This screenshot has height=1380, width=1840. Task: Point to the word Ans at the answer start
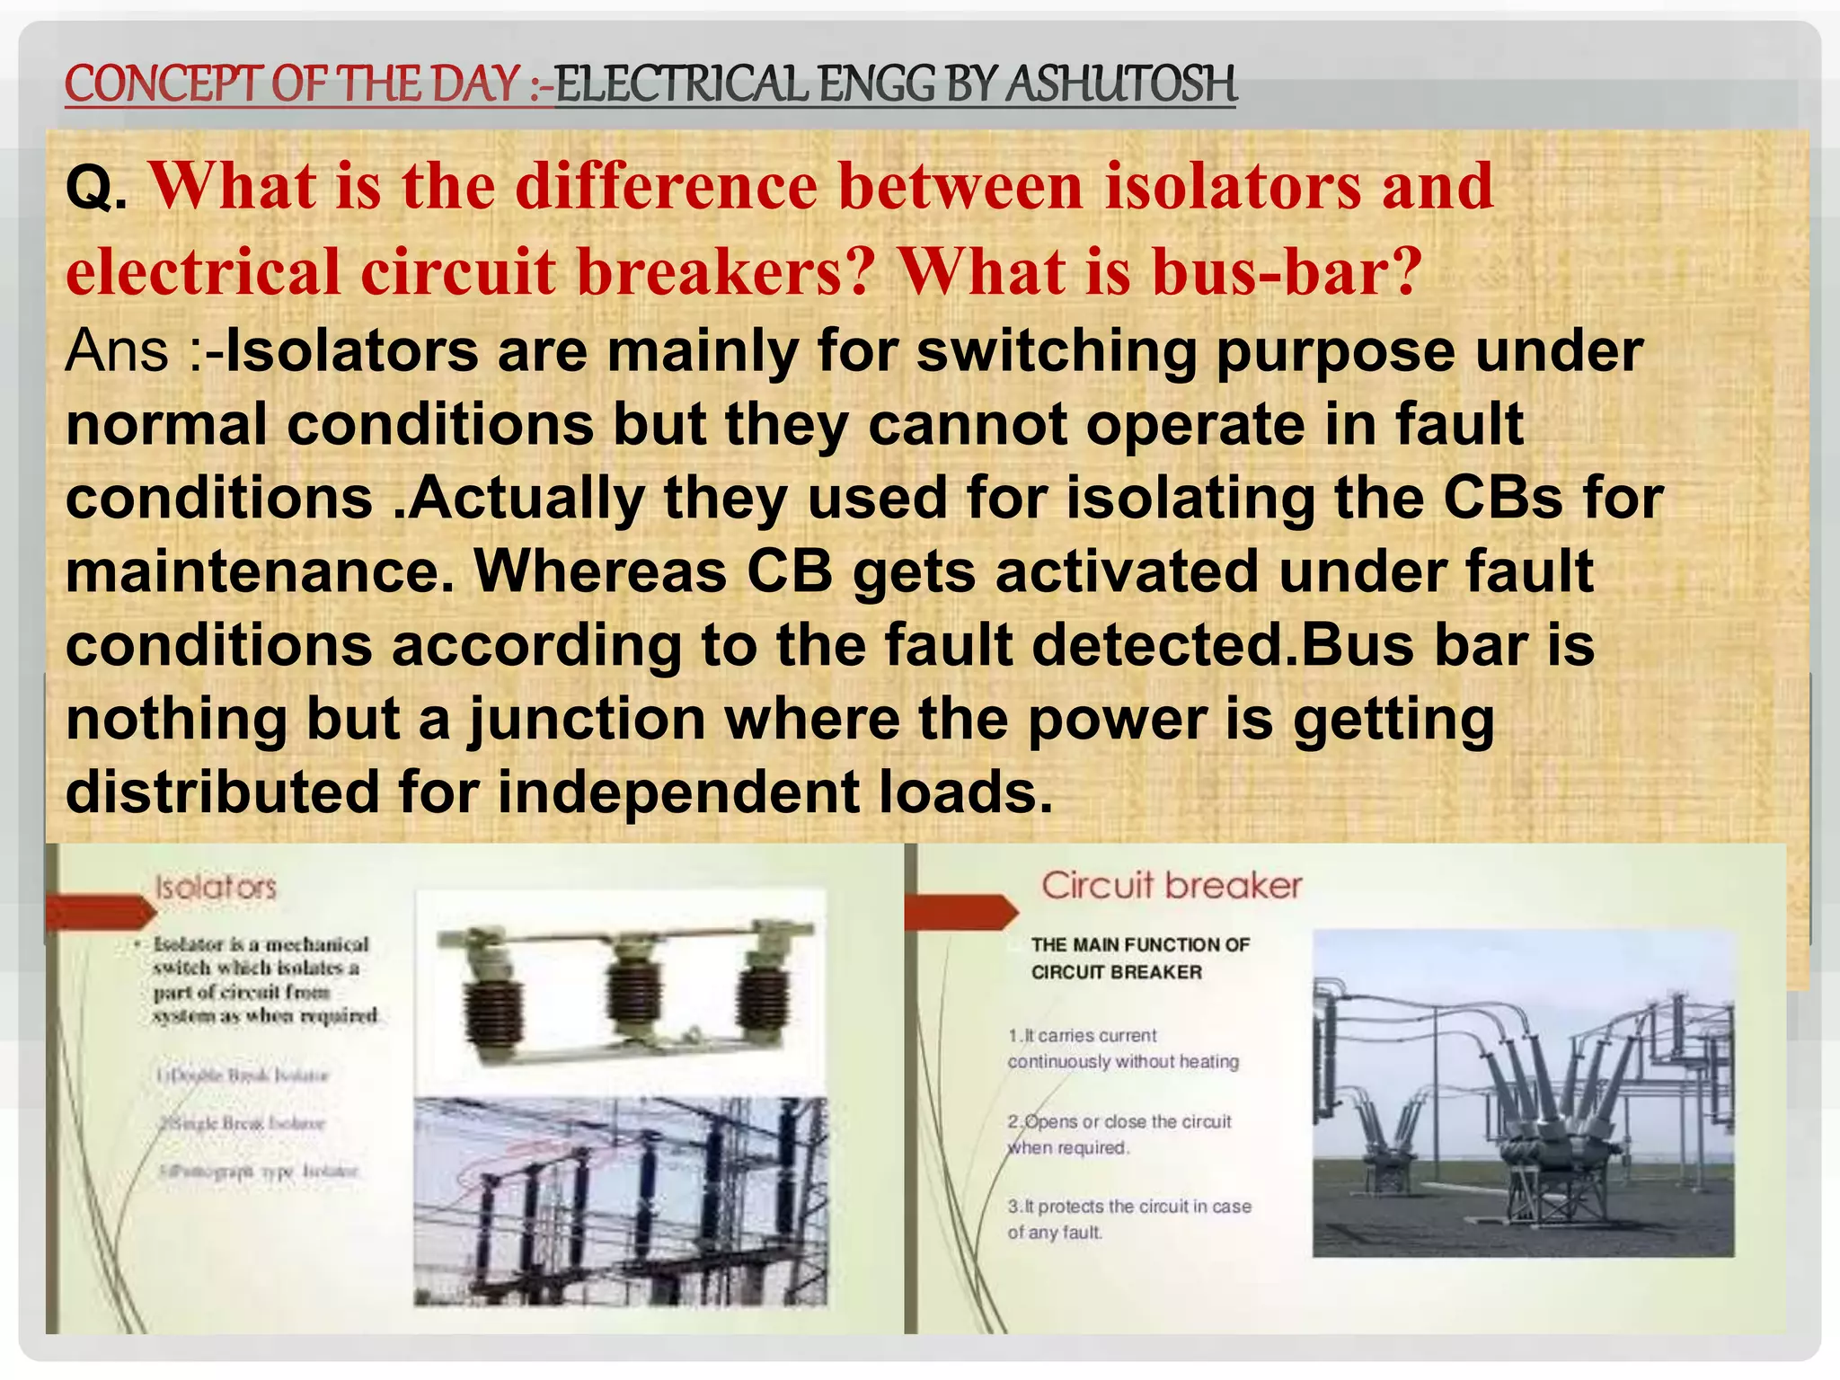(x=117, y=350)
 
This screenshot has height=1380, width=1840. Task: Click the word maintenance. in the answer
(x=259, y=571)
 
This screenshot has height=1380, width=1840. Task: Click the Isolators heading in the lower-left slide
(x=216, y=888)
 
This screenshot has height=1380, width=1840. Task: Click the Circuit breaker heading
(x=1172, y=886)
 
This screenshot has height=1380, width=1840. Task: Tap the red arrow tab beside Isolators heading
(x=99, y=912)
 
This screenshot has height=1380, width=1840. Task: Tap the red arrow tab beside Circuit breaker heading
(x=961, y=912)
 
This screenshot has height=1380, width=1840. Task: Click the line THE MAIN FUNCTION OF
(x=1140, y=945)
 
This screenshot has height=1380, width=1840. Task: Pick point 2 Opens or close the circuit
(x=1119, y=1134)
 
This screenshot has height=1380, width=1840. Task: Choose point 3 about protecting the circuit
(x=1128, y=1218)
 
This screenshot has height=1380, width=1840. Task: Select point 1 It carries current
(x=1122, y=1048)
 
